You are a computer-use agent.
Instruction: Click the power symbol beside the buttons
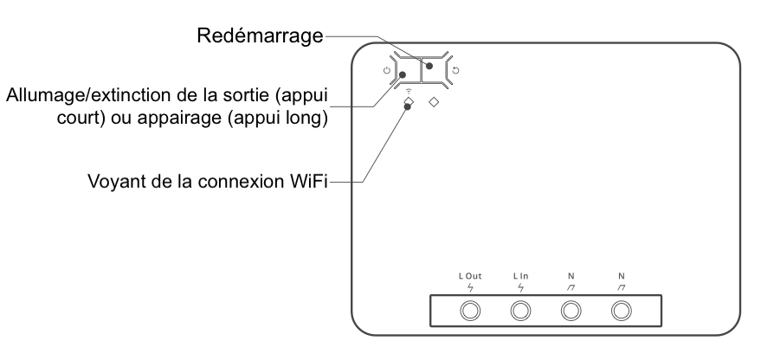(386, 70)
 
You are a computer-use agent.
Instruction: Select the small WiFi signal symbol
(409, 90)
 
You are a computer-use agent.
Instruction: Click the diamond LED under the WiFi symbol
(409, 102)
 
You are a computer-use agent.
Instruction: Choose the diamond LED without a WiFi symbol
(435, 102)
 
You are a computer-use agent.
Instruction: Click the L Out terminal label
(471, 276)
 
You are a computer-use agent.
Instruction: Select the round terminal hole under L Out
(471, 311)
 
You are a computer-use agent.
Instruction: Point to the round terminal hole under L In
(521, 311)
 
